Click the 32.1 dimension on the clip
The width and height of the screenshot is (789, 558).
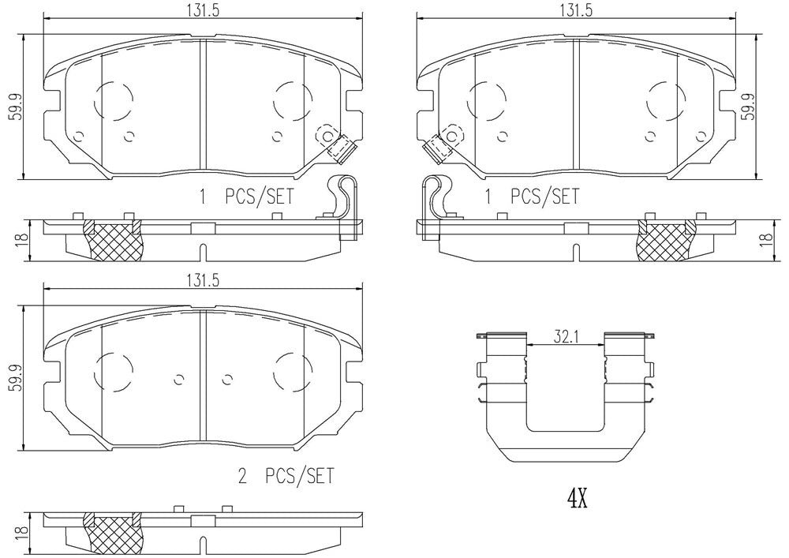(565, 336)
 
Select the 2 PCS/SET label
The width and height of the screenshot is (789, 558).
(286, 475)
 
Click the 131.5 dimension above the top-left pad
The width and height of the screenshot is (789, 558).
(204, 10)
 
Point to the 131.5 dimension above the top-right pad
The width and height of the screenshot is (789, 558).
(577, 10)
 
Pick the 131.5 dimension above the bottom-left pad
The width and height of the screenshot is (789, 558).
(204, 281)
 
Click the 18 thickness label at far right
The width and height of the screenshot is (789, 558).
(766, 240)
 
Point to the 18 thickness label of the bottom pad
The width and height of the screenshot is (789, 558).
(22, 534)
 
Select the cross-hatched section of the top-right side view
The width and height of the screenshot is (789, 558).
(666, 240)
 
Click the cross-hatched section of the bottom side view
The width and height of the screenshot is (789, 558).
(113, 534)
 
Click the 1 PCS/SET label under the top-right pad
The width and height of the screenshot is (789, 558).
(531, 197)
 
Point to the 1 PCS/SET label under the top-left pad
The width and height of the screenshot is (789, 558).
(245, 197)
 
